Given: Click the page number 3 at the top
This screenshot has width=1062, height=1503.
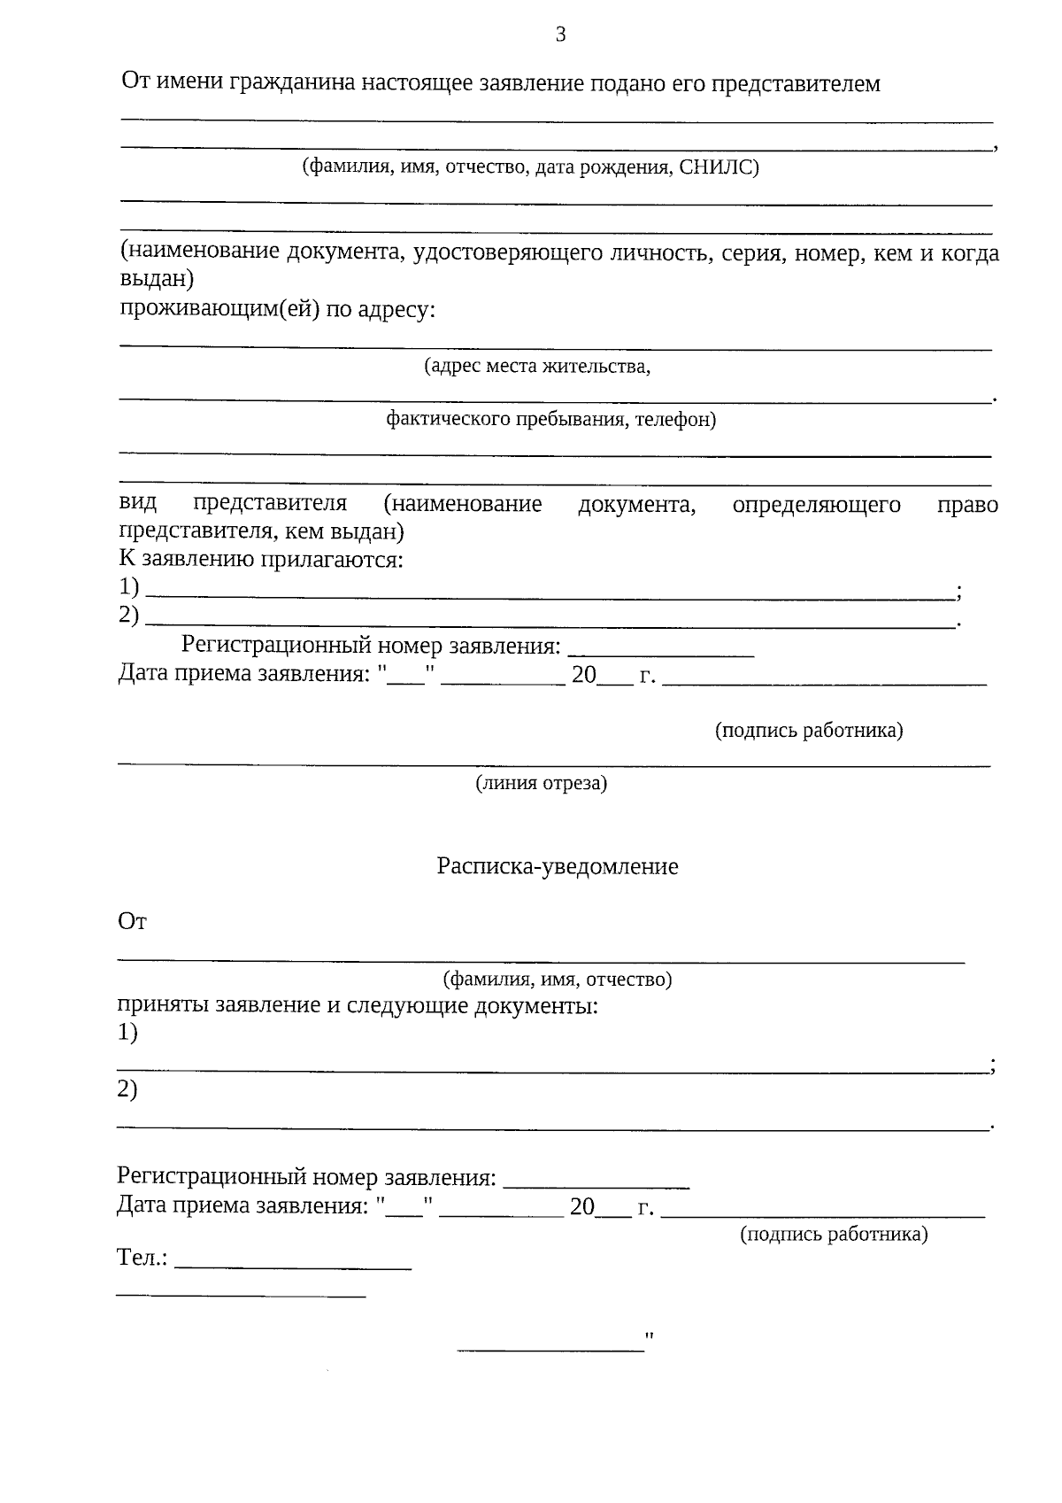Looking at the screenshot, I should coord(559,35).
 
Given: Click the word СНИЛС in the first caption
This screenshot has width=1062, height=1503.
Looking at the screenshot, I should coord(720,167).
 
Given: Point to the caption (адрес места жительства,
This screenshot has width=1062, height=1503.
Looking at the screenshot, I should coord(537,366).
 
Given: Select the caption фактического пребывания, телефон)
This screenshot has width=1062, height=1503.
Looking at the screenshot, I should coord(550,419).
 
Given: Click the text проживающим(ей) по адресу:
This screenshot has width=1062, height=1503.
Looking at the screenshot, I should coord(277,310).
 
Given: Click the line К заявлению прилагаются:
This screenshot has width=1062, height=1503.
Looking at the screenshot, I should coord(261,560).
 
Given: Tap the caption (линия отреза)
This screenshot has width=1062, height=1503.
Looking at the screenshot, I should coord(542,783).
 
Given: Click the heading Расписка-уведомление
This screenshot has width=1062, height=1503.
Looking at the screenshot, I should coord(558,866).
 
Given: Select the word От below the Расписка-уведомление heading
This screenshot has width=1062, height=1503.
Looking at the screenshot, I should coord(132,922).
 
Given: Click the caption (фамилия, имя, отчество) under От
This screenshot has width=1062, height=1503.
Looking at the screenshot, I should coord(557,980).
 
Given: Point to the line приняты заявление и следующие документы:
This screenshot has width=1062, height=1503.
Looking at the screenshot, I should coord(358,1006).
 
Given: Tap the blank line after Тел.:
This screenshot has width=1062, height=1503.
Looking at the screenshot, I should coord(294,1267).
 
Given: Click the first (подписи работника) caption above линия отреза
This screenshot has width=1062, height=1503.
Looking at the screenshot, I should coord(809,731).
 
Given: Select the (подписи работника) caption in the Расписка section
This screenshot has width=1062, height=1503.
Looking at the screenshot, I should coord(834,1234).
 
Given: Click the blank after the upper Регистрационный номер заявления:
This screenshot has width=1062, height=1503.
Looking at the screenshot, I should coord(660,654).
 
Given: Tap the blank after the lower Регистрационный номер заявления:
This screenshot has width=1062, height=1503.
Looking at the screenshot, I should coord(602,1184).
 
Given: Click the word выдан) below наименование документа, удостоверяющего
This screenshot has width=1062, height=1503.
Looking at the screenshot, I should coord(157,280).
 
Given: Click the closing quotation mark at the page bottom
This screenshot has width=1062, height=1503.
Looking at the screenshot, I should coord(650,1336).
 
